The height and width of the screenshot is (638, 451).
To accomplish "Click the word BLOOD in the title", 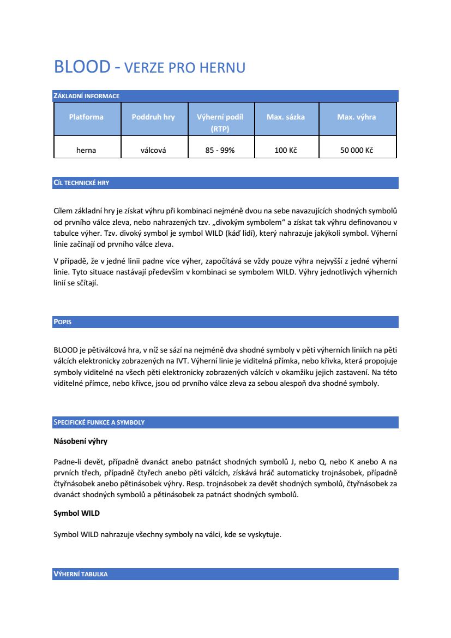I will point(82,67).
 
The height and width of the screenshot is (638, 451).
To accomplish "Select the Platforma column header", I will point(86,117).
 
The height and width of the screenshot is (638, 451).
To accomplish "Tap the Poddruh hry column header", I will point(153,117).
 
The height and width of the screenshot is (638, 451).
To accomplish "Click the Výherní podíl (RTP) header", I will point(220,123).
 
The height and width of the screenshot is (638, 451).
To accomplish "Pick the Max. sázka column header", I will point(286,117).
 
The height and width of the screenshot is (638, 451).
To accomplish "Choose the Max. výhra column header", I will point(356,117).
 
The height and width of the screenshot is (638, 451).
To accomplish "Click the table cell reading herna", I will point(86,150).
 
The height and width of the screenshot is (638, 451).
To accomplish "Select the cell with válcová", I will point(153,150).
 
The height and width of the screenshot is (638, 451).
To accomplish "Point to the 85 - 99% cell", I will point(220,150).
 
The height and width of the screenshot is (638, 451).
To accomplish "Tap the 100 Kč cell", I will point(286,150).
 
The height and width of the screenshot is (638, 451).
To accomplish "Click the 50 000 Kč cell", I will point(356,150).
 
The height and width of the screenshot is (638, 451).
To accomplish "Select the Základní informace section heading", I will point(86,96).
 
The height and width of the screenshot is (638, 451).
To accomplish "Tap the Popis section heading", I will point(63,322).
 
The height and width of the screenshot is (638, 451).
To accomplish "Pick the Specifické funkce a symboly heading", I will point(99,422).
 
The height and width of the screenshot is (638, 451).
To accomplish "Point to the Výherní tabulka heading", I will point(81,574).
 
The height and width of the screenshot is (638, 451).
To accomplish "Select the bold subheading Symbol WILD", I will point(76,514).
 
